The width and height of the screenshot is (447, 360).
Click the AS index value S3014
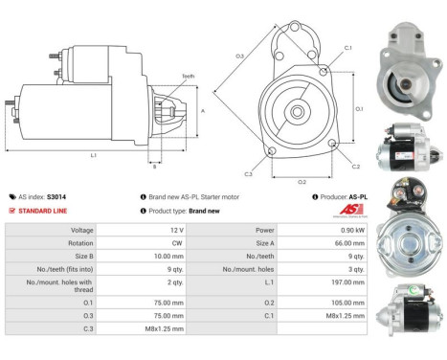[x=57, y=197]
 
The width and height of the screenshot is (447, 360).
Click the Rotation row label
[x=79, y=244]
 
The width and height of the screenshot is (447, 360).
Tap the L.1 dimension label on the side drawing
[x=93, y=154]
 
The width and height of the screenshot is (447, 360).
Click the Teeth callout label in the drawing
[x=188, y=76]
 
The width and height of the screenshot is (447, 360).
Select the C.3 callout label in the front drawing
[x=248, y=173]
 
